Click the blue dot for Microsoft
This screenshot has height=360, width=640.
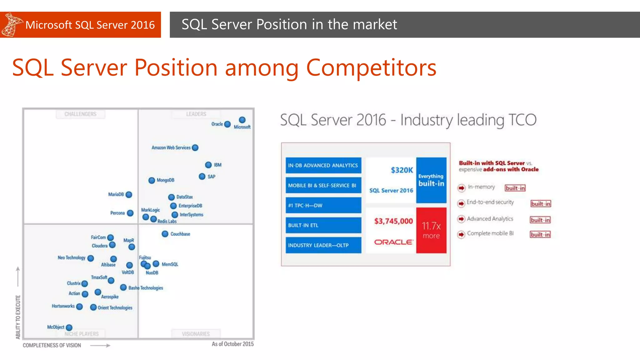tap(242, 120)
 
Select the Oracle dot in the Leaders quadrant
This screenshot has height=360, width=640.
tap(227, 124)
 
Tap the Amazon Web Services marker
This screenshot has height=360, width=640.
tap(195, 148)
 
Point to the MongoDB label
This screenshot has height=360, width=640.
tap(165, 180)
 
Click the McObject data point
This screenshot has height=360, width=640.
tap(69, 327)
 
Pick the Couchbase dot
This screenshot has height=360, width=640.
tap(165, 234)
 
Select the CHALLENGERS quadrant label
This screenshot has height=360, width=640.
tap(80, 114)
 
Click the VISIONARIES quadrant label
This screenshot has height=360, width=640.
tap(196, 334)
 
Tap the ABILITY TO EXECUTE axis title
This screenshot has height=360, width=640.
tap(18, 317)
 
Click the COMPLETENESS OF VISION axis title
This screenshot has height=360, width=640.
tap(52, 345)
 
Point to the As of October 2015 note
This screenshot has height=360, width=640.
tap(232, 344)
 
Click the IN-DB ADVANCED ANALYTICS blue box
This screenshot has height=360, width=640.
tap(323, 165)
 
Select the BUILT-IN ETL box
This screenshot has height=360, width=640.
tap(323, 225)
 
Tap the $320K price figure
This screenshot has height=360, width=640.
tap(402, 170)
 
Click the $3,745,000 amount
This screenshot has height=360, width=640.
tap(393, 221)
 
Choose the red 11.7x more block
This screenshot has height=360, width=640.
tap(431, 230)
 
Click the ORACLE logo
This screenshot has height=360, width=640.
tap(393, 242)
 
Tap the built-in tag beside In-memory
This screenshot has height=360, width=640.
tap(515, 188)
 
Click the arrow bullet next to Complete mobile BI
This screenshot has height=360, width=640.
tap(461, 234)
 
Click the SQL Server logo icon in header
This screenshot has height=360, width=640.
tap(11, 25)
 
